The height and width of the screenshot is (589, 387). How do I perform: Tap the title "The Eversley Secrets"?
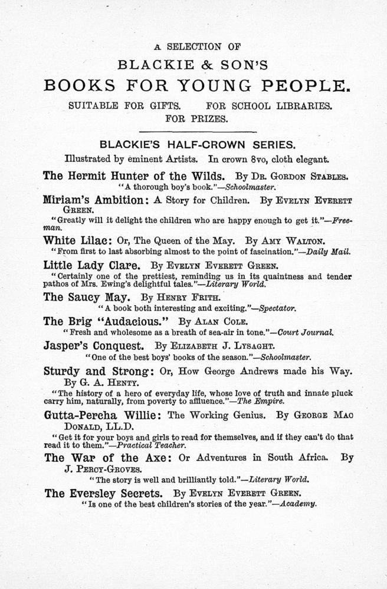[106, 493]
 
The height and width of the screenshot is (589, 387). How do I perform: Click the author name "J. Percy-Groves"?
[100, 469]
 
